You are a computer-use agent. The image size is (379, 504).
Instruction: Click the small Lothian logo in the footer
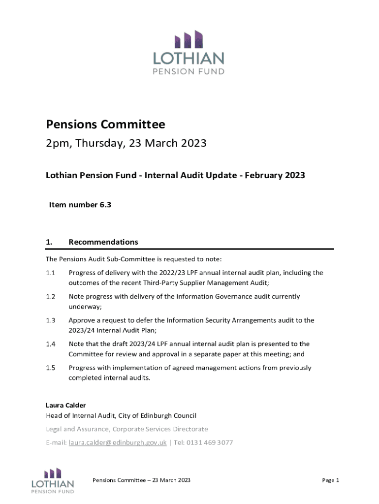click(53, 480)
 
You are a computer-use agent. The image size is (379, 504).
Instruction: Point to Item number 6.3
click(80, 205)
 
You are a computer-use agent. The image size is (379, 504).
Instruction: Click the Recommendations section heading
click(103, 242)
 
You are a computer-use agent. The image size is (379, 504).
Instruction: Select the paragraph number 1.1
click(50, 273)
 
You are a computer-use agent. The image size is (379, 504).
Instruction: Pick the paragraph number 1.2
click(50, 297)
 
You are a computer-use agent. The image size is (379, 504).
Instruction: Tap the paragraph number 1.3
click(50, 320)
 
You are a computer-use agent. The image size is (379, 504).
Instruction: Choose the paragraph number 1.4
click(50, 344)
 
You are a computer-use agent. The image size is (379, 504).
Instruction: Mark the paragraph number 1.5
click(50, 368)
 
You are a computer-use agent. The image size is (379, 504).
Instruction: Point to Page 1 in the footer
click(331, 480)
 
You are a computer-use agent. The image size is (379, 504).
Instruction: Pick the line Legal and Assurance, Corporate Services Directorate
click(126, 429)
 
